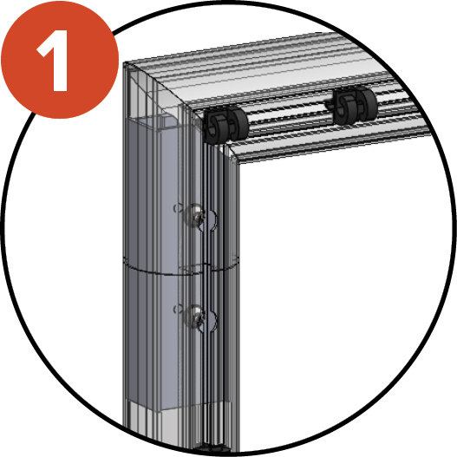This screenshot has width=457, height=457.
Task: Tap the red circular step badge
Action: point(60,60)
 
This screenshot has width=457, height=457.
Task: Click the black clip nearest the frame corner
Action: point(225,126)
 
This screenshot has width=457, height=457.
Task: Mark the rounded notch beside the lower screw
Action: point(212,321)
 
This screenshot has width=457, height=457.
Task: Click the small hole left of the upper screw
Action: point(175,208)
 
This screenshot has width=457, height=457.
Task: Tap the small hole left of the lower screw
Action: point(175,310)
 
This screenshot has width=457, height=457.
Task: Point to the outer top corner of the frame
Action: point(124,63)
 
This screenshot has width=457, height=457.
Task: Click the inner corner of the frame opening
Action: point(238,164)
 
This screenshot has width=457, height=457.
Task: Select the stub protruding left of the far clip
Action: point(330,105)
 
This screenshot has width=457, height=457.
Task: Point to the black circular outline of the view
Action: point(453,229)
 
